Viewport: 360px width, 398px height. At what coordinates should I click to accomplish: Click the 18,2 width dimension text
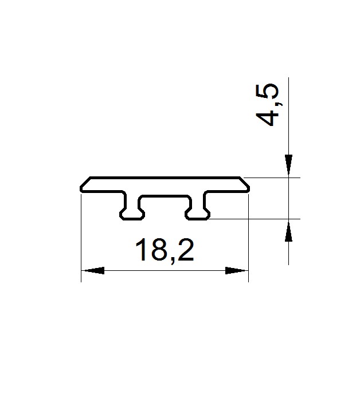tap(165, 250)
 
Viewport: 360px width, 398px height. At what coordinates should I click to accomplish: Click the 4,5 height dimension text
tap(267, 104)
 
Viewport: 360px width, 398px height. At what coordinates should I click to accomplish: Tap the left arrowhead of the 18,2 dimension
tap(94, 270)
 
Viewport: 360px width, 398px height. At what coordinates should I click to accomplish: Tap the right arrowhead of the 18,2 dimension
tap(236, 270)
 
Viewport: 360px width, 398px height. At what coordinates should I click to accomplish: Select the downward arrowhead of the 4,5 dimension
tap(288, 165)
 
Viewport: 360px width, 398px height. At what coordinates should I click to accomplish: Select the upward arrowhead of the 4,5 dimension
tap(288, 231)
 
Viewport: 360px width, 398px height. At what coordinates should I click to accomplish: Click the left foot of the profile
tap(132, 214)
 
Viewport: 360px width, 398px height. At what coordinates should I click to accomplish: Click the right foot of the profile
tap(197, 214)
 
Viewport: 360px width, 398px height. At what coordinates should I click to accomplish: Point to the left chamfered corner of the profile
tap(85, 182)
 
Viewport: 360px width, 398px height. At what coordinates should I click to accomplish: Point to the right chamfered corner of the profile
tap(244, 182)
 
